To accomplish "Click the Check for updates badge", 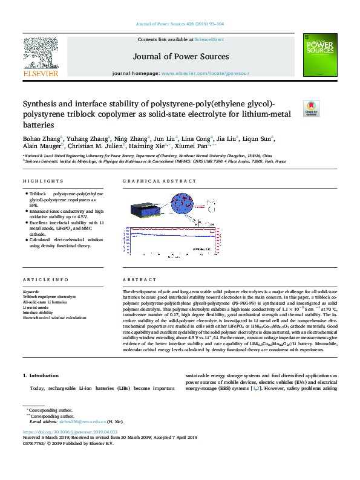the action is click(x=311, y=109).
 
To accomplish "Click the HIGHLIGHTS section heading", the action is click(x=38, y=181).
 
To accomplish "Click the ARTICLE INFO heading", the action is click(x=41, y=280).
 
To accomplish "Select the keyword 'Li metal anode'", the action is click(x=36, y=307).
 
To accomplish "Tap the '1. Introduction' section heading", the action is click(x=41, y=376).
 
